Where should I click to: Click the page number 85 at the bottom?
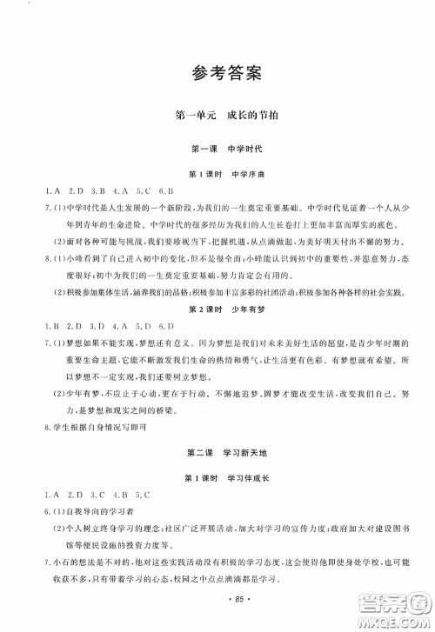click(217, 601)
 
